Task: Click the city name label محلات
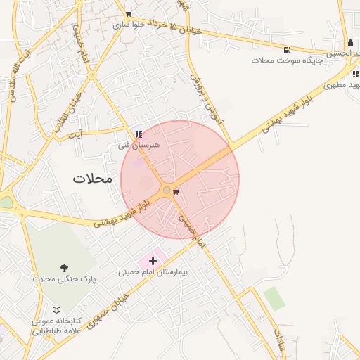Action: pyautogui.click(x=92, y=179)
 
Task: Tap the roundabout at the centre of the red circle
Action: pyautogui.click(x=167, y=190)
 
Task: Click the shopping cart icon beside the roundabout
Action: pyautogui.click(x=176, y=191)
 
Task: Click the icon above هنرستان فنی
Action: pyautogui.click(x=139, y=134)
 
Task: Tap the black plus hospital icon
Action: pyautogui.click(x=153, y=261)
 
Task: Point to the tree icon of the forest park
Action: pyautogui.click(x=64, y=268)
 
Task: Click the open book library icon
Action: pyautogui.click(x=56, y=310)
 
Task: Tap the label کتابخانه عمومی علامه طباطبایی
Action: pyautogui.click(x=56, y=326)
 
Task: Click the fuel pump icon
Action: pyautogui.click(x=287, y=50)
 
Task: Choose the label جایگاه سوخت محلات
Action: pyautogui.click(x=287, y=60)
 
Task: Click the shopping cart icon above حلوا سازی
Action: pyautogui.click(x=128, y=13)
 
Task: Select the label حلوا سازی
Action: pyautogui.click(x=129, y=24)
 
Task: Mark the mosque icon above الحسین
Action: pyautogui.click(x=350, y=42)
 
